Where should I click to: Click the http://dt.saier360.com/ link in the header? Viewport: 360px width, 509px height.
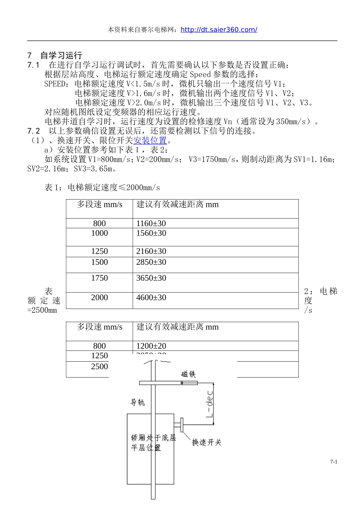[x=219, y=30]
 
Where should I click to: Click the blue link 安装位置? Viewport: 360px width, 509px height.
[x=150, y=141]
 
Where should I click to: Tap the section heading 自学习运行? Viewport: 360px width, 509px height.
[x=61, y=56]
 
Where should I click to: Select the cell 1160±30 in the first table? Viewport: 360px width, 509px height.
[x=151, y=223]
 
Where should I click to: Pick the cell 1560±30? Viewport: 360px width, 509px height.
[x=151, y=233]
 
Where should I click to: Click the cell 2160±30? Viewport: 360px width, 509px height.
[x=151, y=251]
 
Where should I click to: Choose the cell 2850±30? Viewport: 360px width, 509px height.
[x=151, y=262]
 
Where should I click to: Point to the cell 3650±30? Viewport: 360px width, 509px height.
[x=151, y=278]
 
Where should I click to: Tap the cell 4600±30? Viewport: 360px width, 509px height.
[x=151, y=298]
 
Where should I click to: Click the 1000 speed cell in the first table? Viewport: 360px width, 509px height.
[x=99, y=233]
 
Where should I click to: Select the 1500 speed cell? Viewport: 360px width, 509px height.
[x=99, y=262]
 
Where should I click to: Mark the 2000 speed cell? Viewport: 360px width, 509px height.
[x=99, y=298]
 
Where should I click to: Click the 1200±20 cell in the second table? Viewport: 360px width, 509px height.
[x=151, y=346]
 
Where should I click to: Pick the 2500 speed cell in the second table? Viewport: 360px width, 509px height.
[x=99, y=367]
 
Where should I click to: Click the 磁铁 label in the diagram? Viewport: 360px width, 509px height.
[x=188, y=374]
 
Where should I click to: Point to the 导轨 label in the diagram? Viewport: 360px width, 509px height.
[x=138, y=402]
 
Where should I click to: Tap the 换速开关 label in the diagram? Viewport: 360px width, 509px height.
[x=207, y=442]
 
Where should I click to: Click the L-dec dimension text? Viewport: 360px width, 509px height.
[x=210, y=404]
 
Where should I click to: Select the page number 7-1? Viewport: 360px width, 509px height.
[x=333, y=462]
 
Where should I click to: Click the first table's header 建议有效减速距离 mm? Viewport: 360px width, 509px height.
[x=177, y=205]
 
